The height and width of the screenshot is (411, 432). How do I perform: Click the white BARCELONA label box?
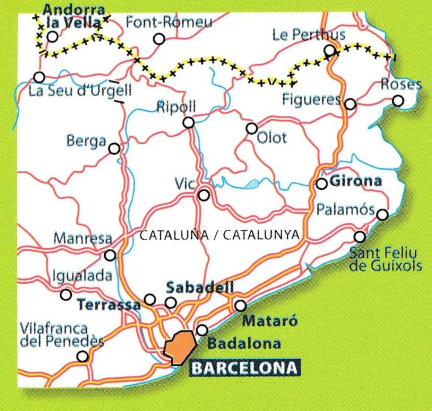pos(245,368)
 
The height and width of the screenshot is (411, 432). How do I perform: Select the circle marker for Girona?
pos(321,184)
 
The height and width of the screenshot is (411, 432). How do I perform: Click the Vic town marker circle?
pos(204,196)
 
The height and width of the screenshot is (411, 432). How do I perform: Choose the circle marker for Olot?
pos(251,128)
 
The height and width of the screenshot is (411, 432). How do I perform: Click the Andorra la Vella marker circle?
pos(53,37)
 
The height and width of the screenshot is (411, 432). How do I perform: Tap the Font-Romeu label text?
pos(169,22)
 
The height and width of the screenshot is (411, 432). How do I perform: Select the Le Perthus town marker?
pos(330,51)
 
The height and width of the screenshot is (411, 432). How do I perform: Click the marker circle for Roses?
pos(398,101)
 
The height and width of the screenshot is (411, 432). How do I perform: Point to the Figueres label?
pos(311,100)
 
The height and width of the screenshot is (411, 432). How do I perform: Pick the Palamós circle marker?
pos(382,215)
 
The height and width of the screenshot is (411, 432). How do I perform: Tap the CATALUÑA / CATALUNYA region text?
pos(219,235)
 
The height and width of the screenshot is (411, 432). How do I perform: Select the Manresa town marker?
pos(111,255)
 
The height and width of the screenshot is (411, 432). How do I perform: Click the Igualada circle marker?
pos(66,295)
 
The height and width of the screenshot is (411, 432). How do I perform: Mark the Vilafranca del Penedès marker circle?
pos(82,356)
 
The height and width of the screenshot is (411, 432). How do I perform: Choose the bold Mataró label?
pos(270,321)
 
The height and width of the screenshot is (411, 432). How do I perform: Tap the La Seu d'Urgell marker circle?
pos(39,78)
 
